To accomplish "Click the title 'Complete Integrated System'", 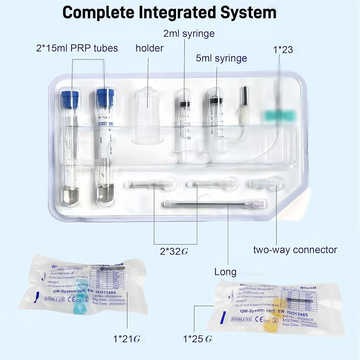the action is tap(170, 13).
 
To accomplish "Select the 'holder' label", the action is tap(149, 48).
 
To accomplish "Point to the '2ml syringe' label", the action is tap(189, 34).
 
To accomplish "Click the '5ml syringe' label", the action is tap(221, 58).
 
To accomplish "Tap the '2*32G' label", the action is tap(174, 251).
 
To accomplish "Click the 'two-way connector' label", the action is tap(295, 249).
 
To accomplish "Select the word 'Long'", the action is tap(225, 272).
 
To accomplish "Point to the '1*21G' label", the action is tap(127, 338).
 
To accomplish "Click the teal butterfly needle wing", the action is tap(276, 116).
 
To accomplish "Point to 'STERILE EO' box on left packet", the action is tap(53, 299).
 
